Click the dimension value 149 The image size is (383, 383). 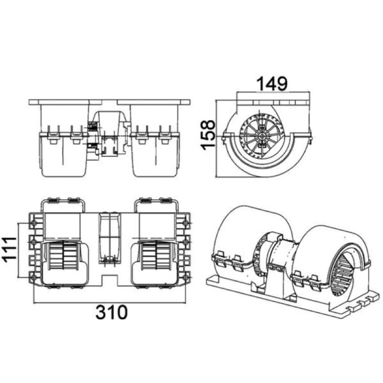[272, 83]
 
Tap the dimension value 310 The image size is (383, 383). [112, 312]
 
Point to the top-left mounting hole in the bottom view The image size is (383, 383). [34, 223]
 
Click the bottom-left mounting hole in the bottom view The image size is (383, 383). [34, 277]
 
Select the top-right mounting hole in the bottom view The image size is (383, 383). [186, 223]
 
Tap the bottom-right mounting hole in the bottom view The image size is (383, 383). [186, 277]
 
